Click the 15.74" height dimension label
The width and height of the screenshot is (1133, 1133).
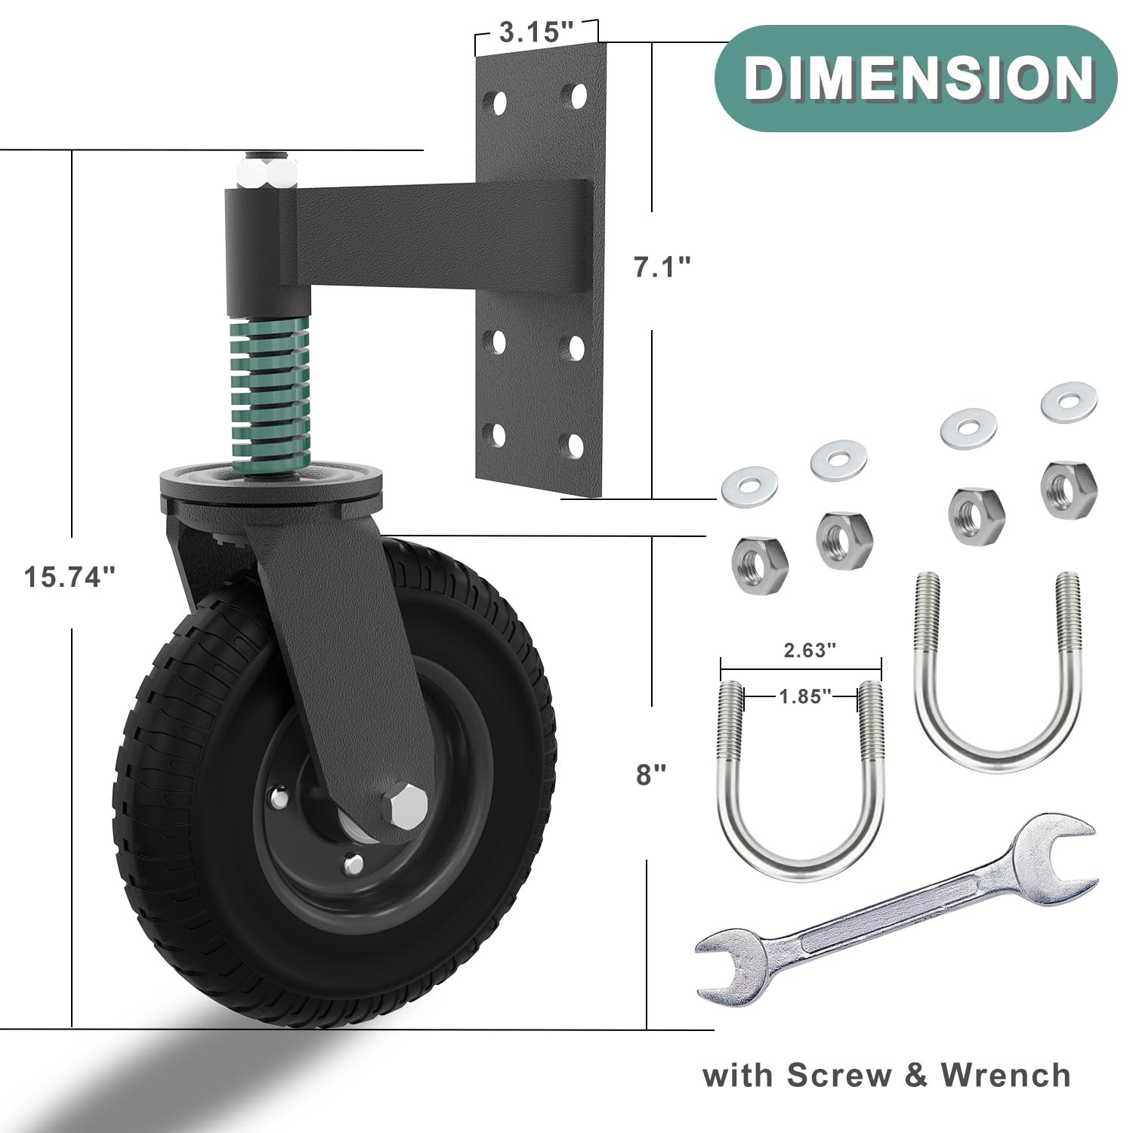coord(69,577)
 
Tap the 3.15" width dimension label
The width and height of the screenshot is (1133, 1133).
coord(537,32)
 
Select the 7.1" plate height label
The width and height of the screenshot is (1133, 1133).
coord(662,267)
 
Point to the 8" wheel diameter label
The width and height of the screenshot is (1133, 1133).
coord(651,774)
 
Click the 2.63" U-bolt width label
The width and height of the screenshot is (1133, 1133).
coord(809,650)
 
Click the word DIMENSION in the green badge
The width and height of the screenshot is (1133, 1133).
coord(918,78)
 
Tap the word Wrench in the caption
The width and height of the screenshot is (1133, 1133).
coord(1005,1075)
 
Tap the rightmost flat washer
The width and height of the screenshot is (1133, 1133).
coord(1069,403)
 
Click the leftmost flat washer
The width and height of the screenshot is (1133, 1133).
coord(749,488)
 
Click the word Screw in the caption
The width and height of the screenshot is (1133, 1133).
coord(838,1075)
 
